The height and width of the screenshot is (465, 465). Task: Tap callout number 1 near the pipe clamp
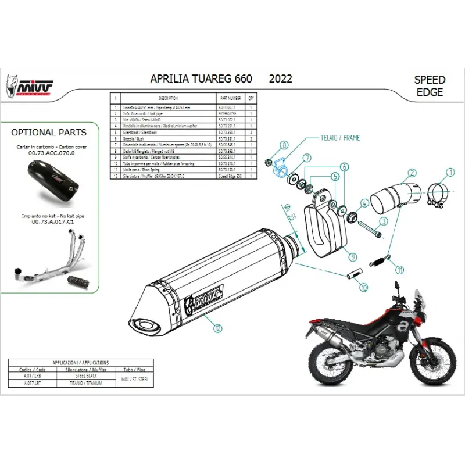coord(449,171)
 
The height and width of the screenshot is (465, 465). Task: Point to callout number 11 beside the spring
coord(400,269)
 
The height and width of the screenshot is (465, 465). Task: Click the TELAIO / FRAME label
coord(340,138)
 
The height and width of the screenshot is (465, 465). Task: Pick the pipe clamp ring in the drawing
coord(439,195)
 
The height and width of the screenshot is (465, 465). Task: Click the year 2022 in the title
coord(280,79)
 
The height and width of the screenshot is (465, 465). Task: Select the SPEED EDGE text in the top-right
coord(430,85)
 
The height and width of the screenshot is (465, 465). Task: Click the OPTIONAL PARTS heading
coord(49,133)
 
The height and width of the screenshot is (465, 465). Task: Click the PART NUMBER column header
coord(230,99)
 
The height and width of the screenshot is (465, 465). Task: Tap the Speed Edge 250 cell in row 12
coord(230,176)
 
